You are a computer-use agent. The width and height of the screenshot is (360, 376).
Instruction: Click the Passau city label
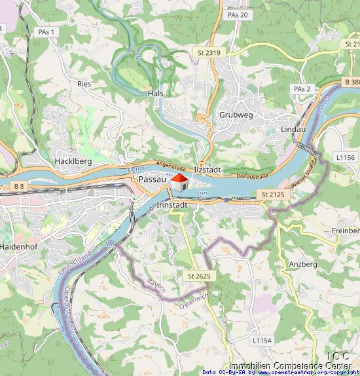pos(151,179)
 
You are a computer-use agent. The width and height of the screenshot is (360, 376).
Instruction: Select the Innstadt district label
pos(173,205)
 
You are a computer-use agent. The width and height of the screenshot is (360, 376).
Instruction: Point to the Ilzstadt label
pos(208,170)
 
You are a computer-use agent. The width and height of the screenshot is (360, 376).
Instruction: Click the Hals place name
pos(156,94)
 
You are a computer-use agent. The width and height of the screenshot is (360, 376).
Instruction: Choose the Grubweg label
pos(236,115)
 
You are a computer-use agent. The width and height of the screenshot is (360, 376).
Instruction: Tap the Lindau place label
pos(293,130)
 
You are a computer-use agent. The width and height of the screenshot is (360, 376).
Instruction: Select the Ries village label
pos(84,84)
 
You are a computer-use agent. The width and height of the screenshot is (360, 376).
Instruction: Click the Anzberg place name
pos(303,264)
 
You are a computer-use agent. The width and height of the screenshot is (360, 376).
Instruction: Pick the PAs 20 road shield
pos(237,14)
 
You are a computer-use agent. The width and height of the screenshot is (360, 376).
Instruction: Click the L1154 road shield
pos(261,341)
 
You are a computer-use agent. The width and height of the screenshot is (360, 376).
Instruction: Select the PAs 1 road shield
pos(45,31)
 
